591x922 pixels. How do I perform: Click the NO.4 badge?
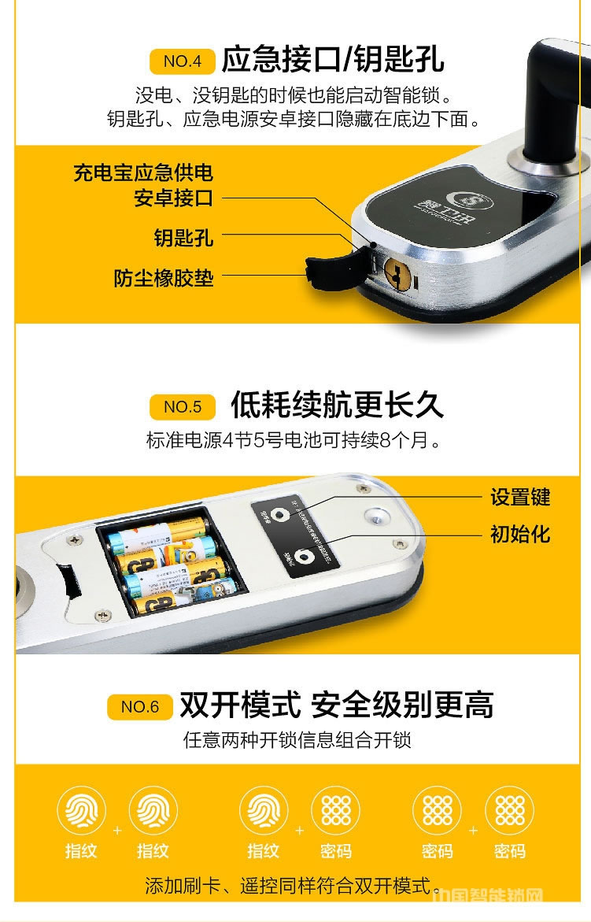[x=182, y=61]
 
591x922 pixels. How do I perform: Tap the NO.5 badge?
[x=182, y=407]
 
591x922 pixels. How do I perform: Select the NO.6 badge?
[x=139, y=707]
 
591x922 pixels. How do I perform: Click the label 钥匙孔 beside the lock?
[x=183, y=237]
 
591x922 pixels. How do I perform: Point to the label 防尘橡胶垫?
[x=164, y=278]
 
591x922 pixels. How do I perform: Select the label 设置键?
[x=520, y=498]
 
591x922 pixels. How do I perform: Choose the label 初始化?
[x=520, y=535]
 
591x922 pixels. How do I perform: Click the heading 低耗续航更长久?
[x=337, y=405]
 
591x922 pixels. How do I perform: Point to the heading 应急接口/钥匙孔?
[x=333, y=59]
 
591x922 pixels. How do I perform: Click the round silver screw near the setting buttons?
[x=379, y=515]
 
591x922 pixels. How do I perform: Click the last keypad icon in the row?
[x=509, y=811]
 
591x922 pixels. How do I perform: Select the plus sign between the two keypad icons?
[x=473, y=830]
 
